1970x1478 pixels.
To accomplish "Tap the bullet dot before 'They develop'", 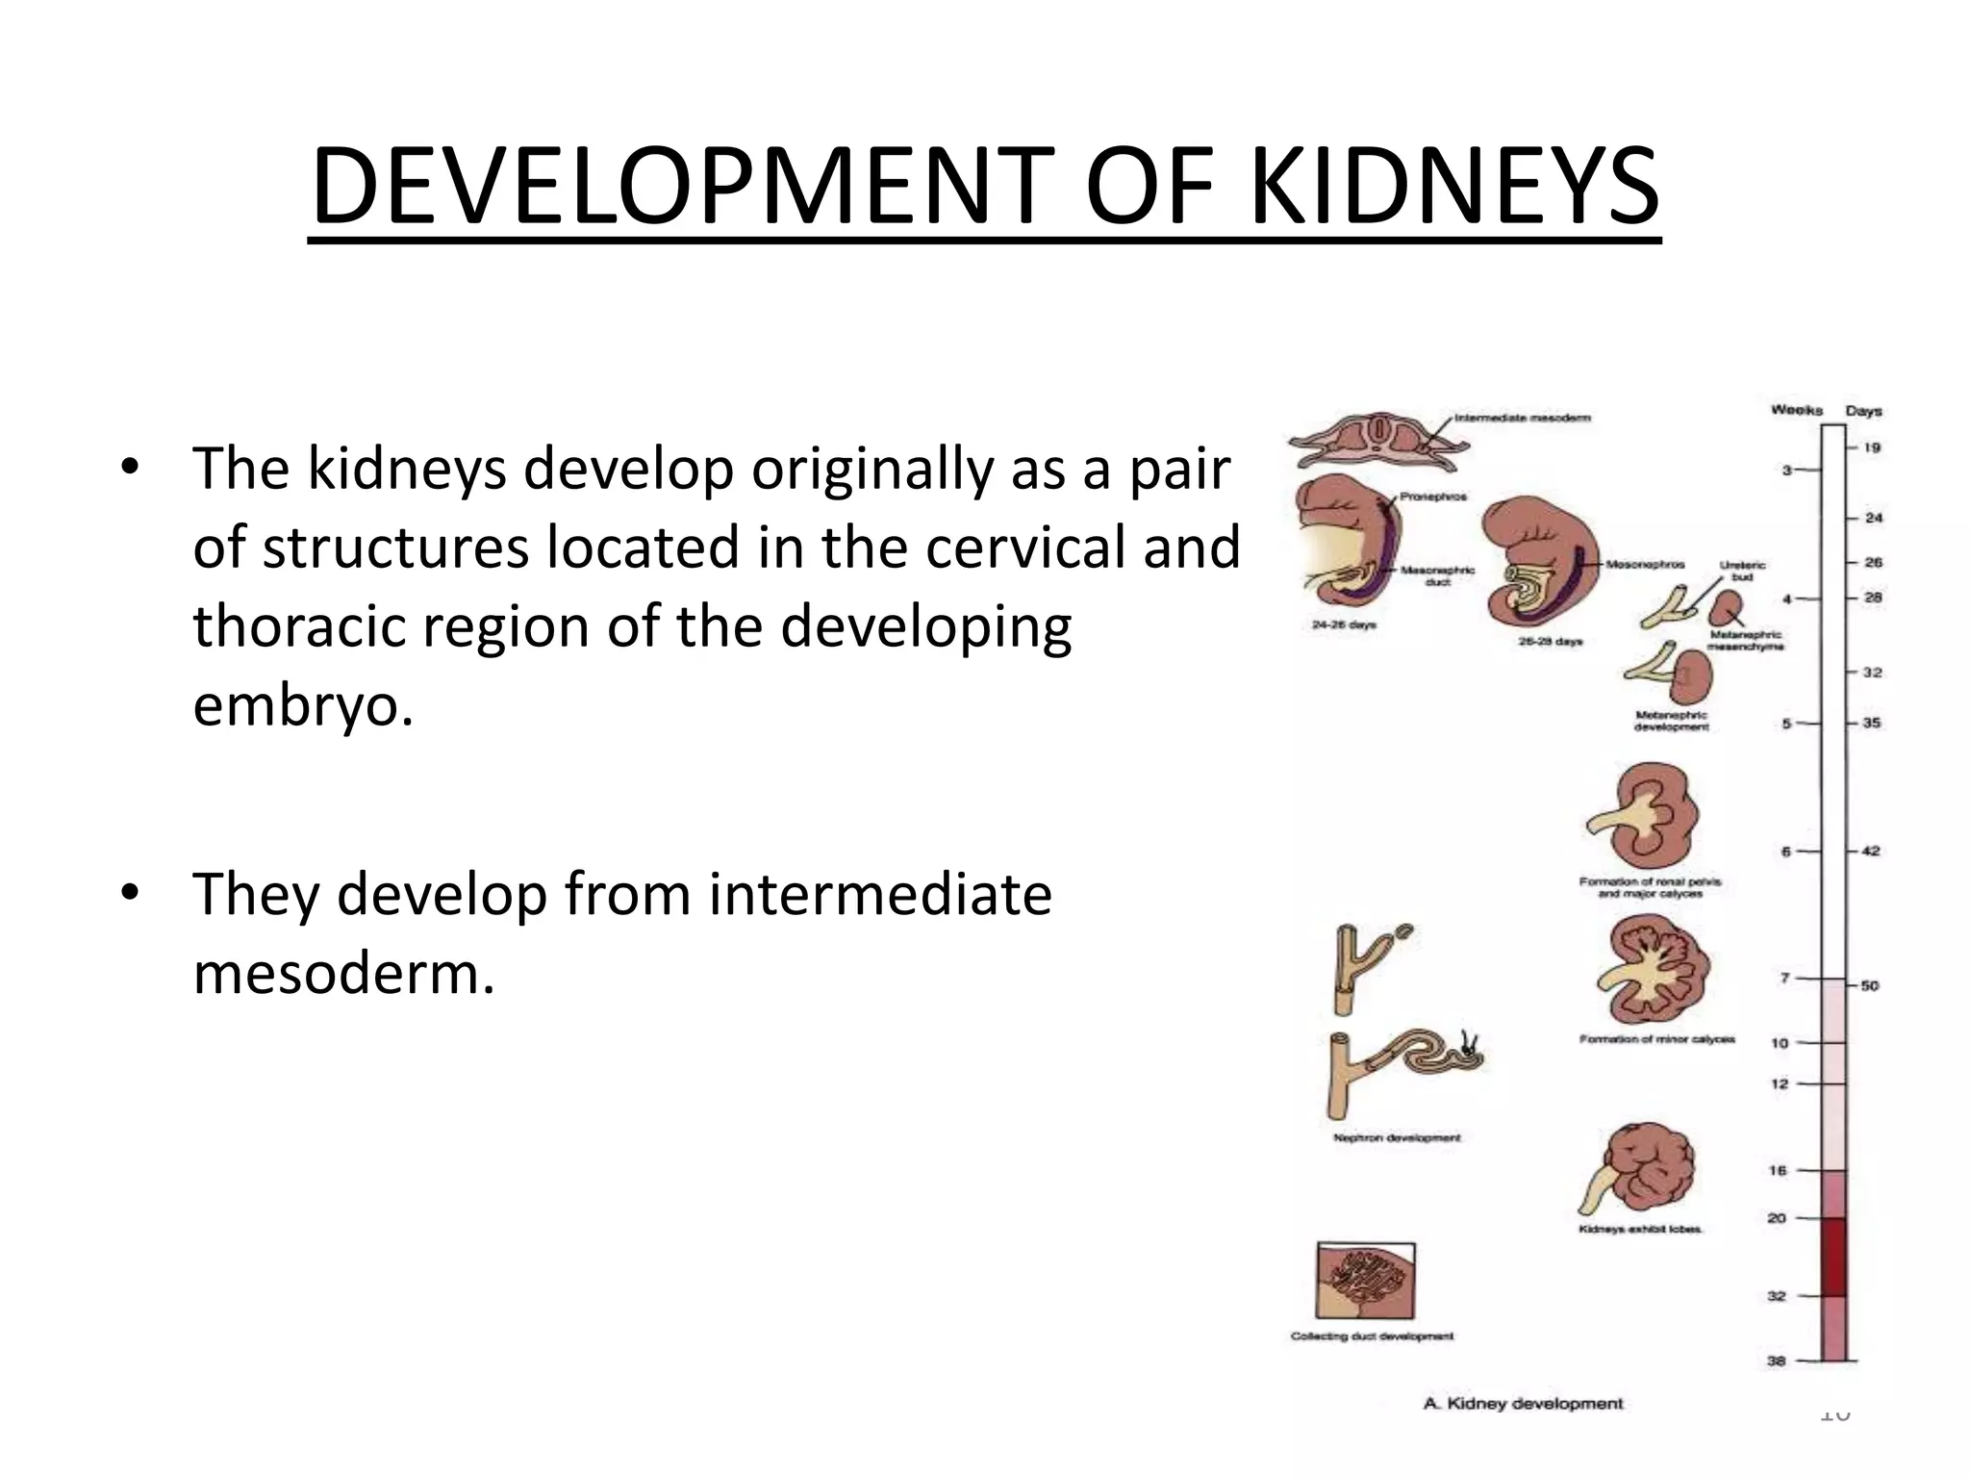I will pyautogui.click(x=130, y=893).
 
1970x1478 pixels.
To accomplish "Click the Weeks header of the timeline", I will pyautogui.click(x=1797, y=410).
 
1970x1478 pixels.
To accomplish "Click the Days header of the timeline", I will pyautogui.click(x=1863, y=411).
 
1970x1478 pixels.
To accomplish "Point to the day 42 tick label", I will pyautogui.click(x=1871, y=851).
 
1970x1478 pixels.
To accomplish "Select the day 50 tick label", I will pyautogui.click(x=1870, y=985).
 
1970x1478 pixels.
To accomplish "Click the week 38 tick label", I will pyautogui.click(x=1777, y=1361).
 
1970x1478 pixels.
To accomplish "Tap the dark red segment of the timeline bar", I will pyautogui.click(x=1833, y=1256).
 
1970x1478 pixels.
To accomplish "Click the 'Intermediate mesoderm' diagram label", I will pyautogui.click(x=1522, y=418).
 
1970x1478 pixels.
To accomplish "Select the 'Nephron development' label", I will pyautogui.click(x=1397, y=1137).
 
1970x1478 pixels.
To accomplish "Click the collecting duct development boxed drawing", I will pyautogui.click(x=1366, y=1281).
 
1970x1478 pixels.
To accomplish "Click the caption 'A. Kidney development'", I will pyautogui.click(x=1523, y=1404).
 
